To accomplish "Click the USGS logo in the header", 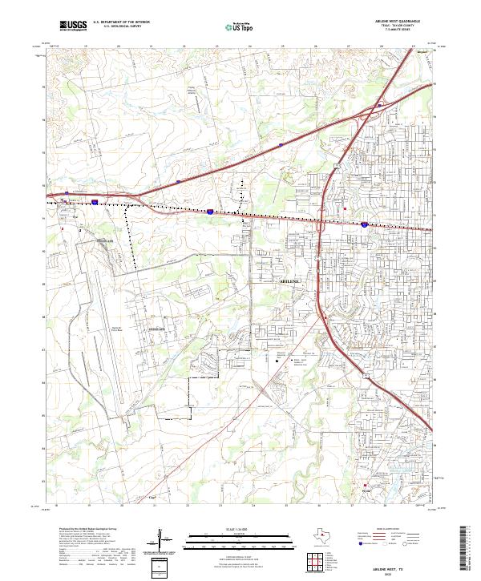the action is point(73,26).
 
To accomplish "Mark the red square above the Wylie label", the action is point(366,485).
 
